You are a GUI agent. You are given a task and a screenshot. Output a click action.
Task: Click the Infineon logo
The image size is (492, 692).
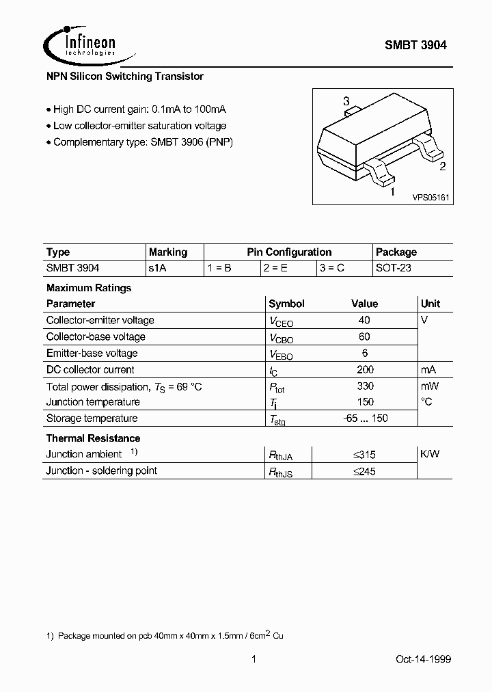coord(80,44)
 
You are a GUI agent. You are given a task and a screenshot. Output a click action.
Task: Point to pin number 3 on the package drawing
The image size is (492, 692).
coord(346,101)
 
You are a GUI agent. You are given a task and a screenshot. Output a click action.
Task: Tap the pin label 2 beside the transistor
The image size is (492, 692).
coord(442,166)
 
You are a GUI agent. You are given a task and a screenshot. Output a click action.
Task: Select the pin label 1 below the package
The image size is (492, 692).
coord(392,192)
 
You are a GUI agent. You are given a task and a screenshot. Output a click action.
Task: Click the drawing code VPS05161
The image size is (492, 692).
coord(430,197)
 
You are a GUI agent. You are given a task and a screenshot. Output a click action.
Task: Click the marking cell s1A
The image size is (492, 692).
coord(158,268)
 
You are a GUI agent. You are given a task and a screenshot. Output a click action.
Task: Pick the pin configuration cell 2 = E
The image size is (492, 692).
coord(275,268)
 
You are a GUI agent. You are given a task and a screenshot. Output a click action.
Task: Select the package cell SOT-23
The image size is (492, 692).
coord(394,268)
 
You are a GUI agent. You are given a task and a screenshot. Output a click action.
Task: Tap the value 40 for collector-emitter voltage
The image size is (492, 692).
coord(364,320)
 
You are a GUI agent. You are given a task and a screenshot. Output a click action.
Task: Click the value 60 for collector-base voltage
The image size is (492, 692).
coord(364,336)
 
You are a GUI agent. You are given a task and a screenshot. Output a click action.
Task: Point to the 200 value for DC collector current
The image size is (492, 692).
coord(365,369)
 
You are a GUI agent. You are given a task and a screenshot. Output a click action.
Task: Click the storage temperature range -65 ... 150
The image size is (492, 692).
coord(365,418)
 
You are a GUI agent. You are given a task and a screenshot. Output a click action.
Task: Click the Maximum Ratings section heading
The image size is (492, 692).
coord(89,288)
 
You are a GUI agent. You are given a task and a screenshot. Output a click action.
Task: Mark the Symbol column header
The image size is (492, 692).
coord(286,304)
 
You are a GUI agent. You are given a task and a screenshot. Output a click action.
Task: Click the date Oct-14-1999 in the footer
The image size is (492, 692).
coord(423,659)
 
